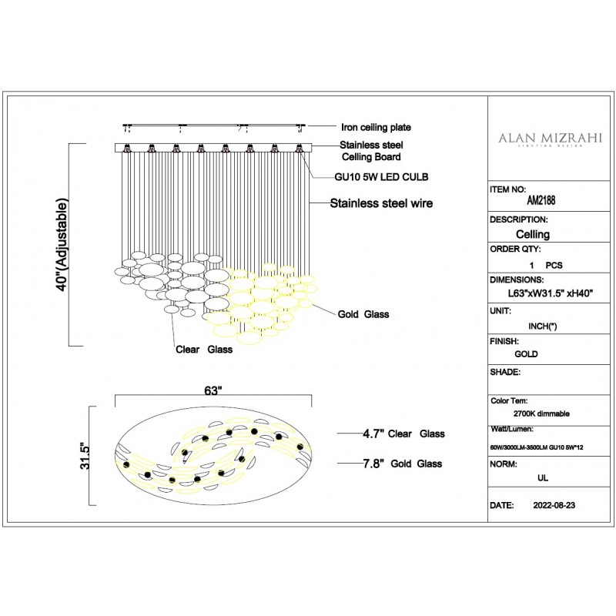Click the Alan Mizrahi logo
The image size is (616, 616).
point(550,139)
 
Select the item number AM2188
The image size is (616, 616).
point(541,200)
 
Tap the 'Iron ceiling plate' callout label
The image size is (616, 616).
point(376,127)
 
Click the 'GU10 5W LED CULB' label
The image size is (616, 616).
point(381,177)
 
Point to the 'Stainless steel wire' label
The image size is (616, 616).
point(381,203)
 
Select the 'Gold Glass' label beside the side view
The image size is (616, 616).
point(363,314)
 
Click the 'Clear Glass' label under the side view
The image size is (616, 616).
point(204,350)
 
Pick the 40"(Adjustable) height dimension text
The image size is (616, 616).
point(62,245)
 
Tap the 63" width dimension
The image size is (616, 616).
point(213,390)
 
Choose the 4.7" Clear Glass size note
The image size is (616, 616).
point(403,434)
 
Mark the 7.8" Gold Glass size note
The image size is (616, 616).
point(402,464)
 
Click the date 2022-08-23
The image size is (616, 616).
point(554,505)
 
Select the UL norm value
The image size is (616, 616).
point(543,478)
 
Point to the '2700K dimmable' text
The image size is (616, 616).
point(541,413)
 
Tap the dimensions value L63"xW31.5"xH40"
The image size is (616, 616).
point(550,293)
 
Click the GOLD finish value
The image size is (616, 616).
point(526,354)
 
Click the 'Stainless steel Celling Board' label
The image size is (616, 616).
point(371,151)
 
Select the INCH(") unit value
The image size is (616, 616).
point(543,326)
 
